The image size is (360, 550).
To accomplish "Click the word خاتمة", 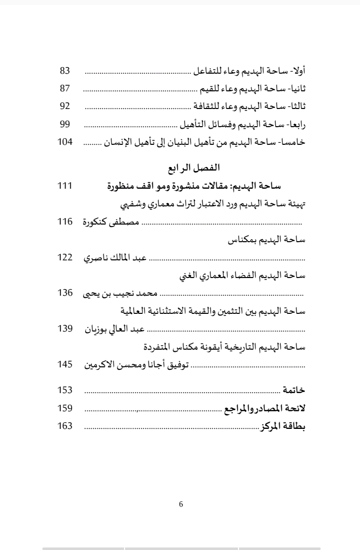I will (294, 391).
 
